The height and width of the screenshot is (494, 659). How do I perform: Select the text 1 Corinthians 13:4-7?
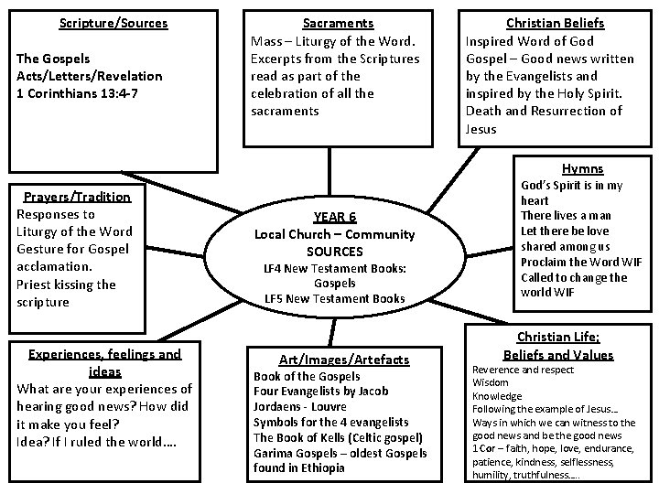(x=77, y=93)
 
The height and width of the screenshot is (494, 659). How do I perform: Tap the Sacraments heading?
(x=338, y=23)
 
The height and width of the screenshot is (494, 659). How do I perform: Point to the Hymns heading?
(x=582, y=168)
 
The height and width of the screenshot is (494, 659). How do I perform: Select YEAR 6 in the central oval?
(x=334, y=217)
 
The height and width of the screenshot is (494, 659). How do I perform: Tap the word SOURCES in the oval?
(x=334, y=251)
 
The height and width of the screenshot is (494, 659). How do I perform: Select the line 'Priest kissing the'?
(x=66, y=284)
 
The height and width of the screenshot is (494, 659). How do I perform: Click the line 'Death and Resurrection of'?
(x=544, y=111)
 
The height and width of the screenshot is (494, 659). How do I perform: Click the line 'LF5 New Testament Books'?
(x=334, y=299)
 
